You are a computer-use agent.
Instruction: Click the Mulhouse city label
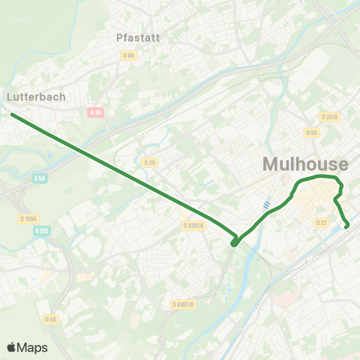[305, 164]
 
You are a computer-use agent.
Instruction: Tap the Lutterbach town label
[36, 97]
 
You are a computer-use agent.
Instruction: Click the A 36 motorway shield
[94, 112]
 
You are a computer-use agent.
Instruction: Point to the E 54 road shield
[40, 178]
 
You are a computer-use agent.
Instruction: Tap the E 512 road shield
[43, 231]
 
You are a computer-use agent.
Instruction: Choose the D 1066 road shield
[28, 218]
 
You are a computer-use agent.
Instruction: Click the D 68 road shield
[50, 319]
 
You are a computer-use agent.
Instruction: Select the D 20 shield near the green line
[148, 162]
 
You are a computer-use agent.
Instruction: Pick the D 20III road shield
[330, 116]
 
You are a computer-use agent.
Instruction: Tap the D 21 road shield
[322, 222]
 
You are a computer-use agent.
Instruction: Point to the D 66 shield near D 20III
[311, 132]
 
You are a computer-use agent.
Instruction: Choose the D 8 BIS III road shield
[182, 304]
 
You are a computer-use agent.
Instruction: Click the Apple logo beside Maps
[11, 347]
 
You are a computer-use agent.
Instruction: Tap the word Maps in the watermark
[33, 347]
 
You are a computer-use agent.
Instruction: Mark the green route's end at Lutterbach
[13, 115]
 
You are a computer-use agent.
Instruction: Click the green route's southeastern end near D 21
[346, 226]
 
